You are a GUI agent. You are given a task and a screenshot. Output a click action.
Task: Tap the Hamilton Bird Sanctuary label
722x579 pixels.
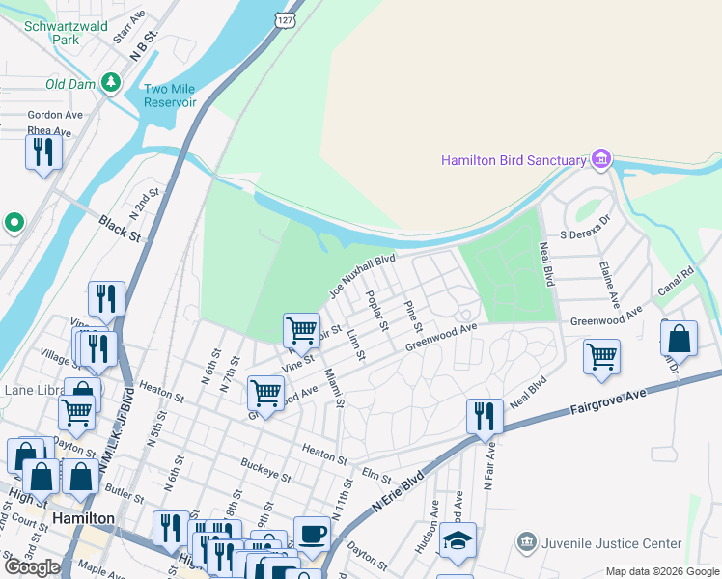click(x=514, y=161)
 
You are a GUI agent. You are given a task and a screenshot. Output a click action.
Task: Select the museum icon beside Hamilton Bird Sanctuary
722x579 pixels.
click(x=601, y=158)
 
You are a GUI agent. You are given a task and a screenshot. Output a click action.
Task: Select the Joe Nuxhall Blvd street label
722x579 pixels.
click(x=363, y=275)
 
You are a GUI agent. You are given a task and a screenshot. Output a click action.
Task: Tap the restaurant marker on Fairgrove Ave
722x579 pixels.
click(x=485, y=417)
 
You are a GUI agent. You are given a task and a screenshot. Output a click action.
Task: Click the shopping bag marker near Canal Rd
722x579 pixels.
click(x=680, y=341)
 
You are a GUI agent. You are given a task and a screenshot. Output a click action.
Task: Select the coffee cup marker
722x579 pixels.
click(x=312, y=534)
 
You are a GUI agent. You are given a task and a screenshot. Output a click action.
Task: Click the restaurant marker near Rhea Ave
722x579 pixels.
click(x=44, y=153)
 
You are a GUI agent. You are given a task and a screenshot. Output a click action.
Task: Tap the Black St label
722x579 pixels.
click(x=121, y=229)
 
